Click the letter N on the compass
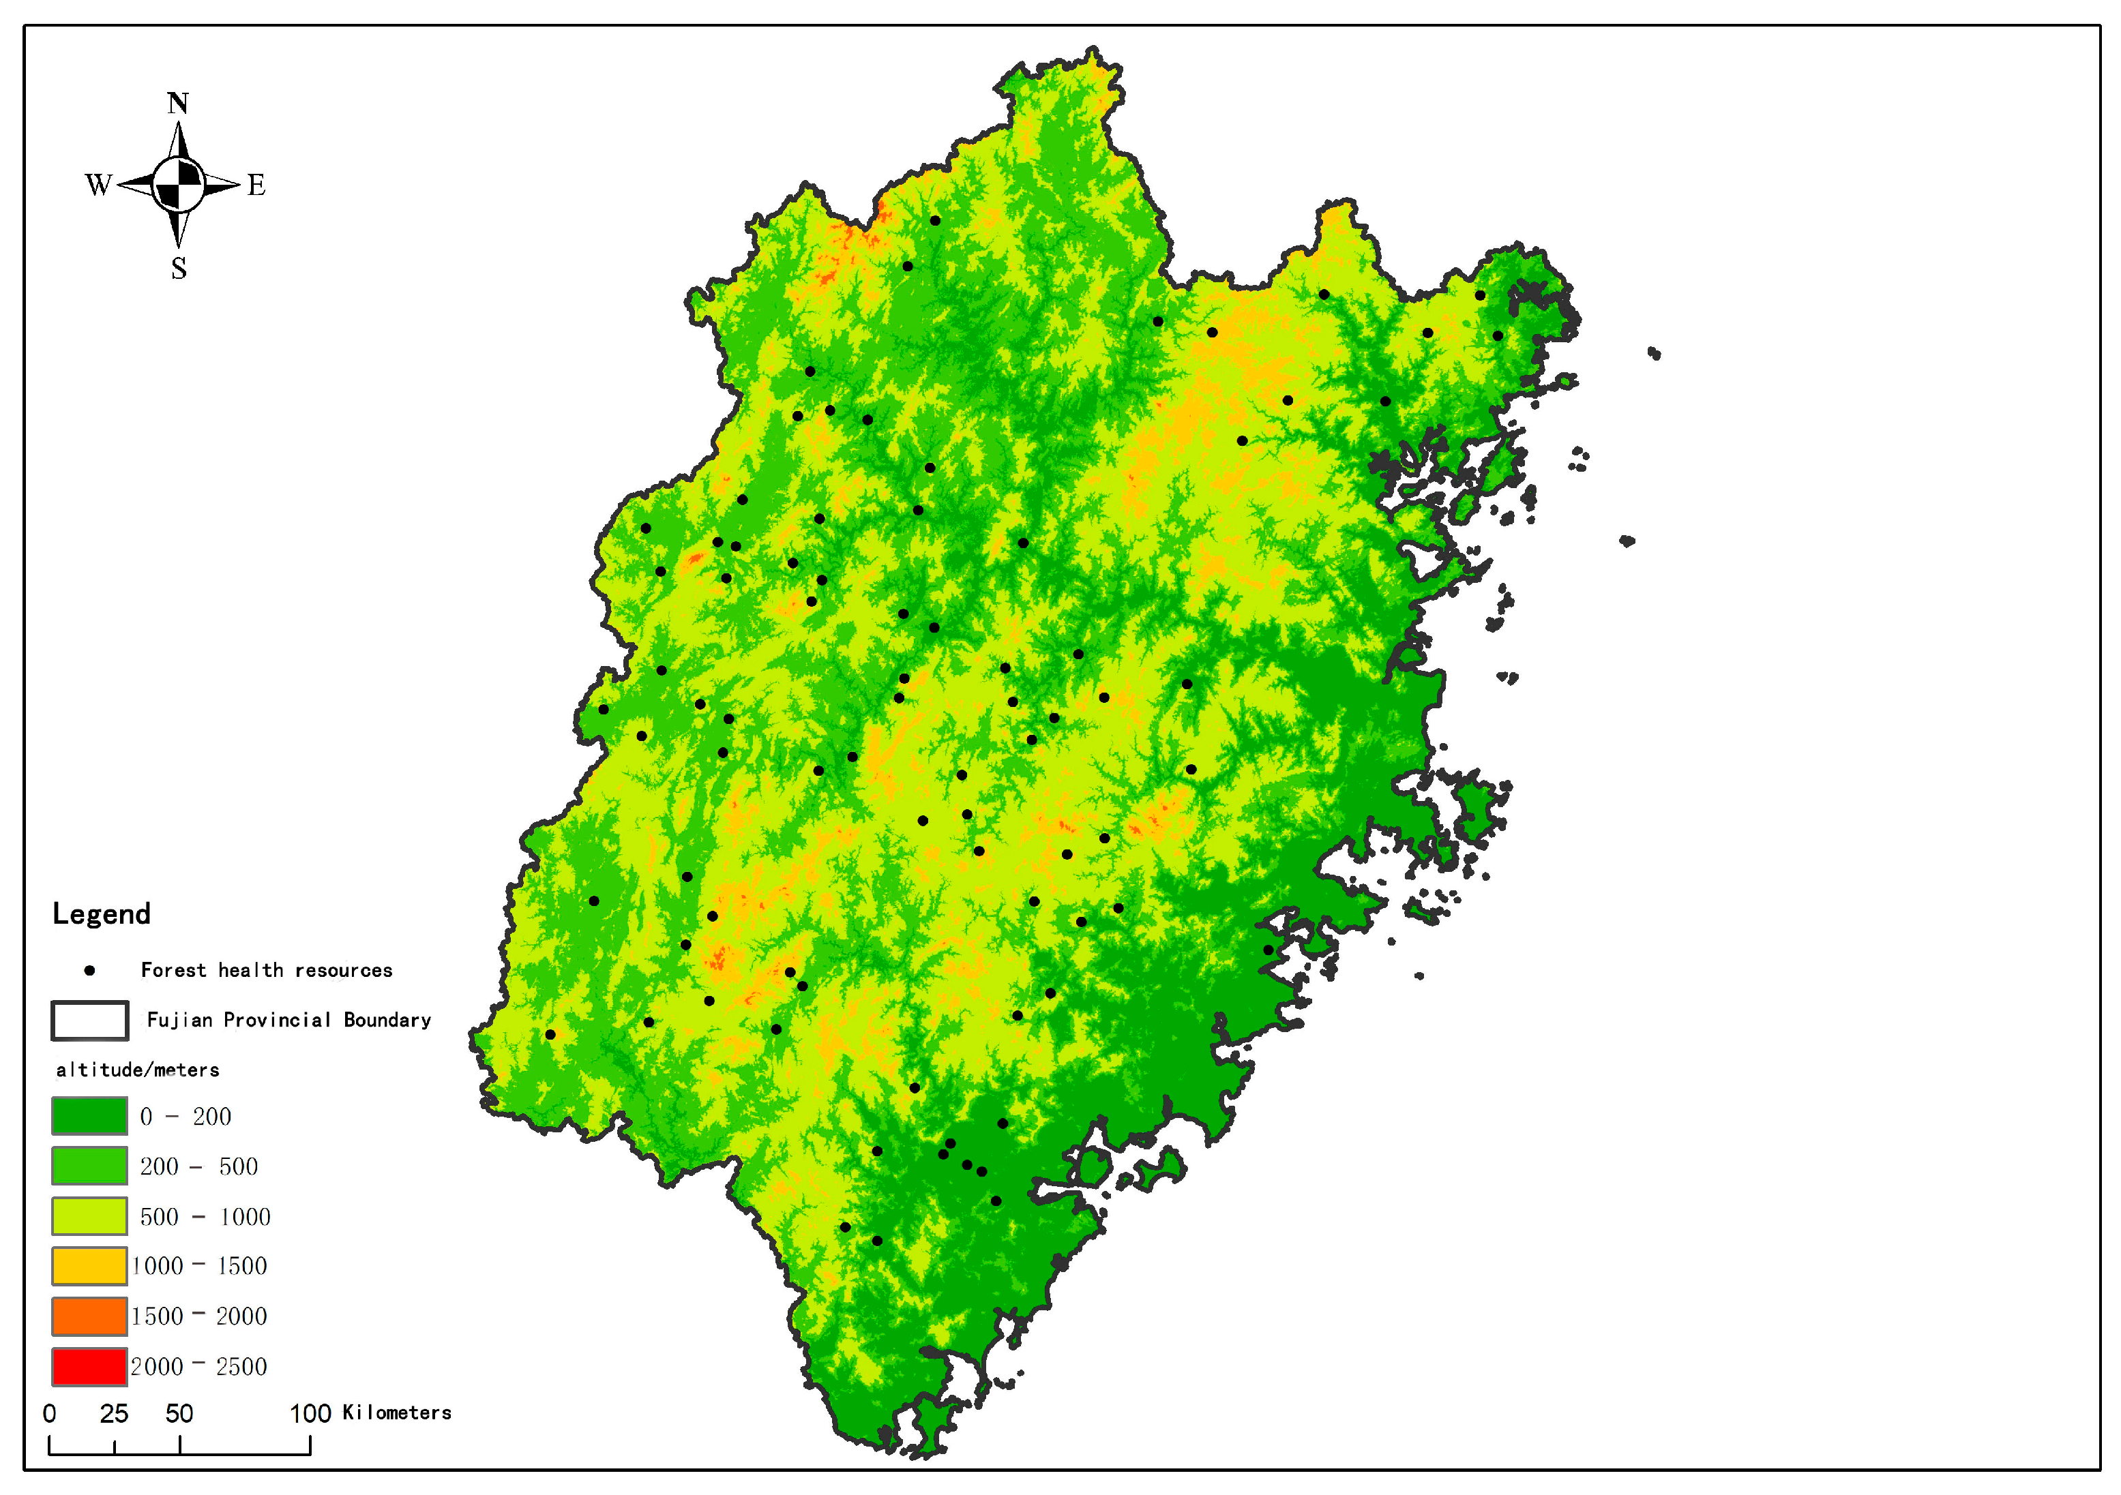point(178,104)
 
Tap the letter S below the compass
point(179,269)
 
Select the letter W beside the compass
point(98,185)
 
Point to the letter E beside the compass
point(256,185)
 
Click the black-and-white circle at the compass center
point(178,185)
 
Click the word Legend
point(101,914)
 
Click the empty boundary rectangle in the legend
point(89,1021)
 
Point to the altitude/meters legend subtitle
point(138,1070)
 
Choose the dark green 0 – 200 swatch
point(89,1115)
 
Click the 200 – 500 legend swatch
point(89,1165)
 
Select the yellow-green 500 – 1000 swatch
point(89,1216)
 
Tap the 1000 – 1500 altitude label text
point(200,1266)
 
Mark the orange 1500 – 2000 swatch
point(89,1316)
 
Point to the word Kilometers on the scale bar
point(396,1413)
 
